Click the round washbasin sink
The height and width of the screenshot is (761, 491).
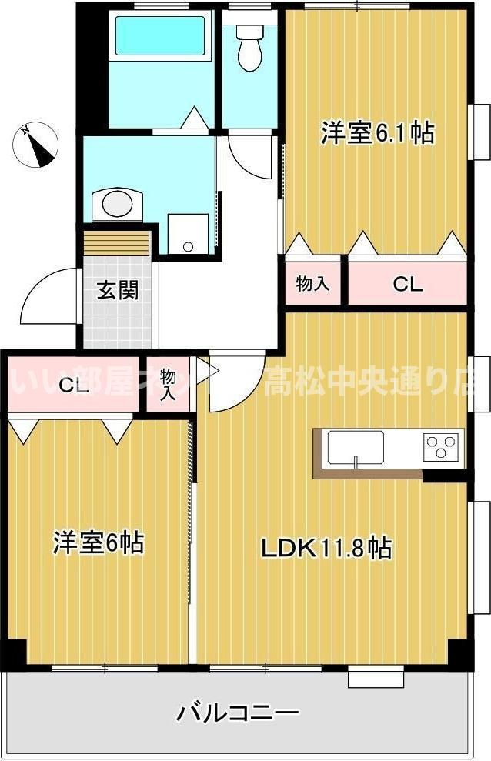(117, 205)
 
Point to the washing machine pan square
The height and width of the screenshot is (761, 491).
(189, 232)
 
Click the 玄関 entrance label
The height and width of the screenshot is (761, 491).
(118, 290)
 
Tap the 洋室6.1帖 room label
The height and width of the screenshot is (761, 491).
(377, 133)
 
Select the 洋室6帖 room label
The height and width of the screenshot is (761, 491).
(99, 542)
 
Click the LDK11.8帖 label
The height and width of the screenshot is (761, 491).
(326, 548)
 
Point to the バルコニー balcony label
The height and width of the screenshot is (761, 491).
(238, 713)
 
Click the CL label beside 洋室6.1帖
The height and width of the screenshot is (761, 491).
(407, 284)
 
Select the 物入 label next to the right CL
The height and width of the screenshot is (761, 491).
(313, 283)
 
